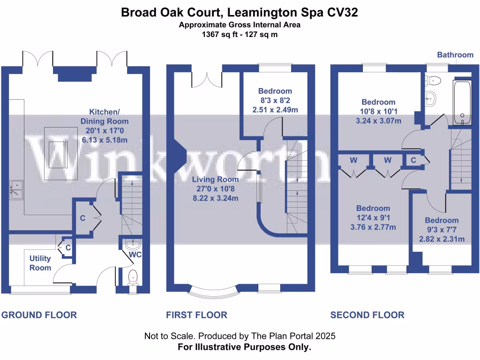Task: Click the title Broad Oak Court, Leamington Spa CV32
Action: pos(240,12)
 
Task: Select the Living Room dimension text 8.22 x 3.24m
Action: pos(217,198)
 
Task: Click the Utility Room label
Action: pos(40,263)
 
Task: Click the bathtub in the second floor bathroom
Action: pos(462,103)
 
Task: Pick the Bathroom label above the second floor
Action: pos(455,55)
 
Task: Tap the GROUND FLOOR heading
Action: pos(39,315)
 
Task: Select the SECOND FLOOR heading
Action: pos(367,315)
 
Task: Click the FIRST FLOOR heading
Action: pos(196,315)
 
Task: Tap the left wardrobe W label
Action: pos(353,160)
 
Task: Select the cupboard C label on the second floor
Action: pos(413,160)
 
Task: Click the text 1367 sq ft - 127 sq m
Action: pos(240,34)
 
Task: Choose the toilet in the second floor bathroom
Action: pos(433,80)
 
